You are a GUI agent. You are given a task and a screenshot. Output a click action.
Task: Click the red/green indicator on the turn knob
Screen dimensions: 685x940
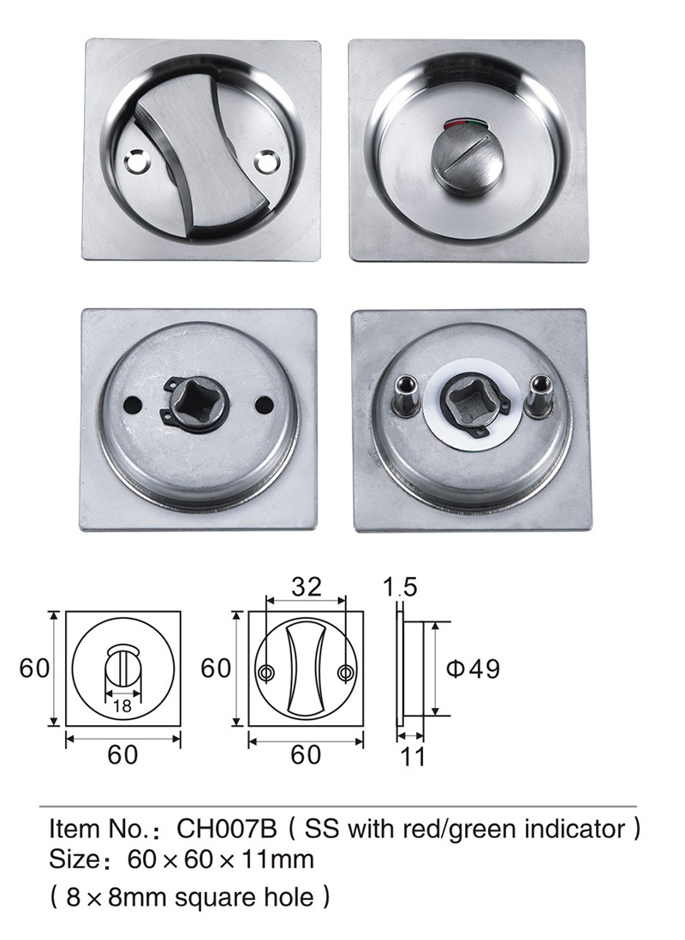tap(464, 125)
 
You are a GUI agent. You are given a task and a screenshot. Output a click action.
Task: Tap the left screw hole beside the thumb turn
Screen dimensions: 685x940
tap(134, 162)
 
